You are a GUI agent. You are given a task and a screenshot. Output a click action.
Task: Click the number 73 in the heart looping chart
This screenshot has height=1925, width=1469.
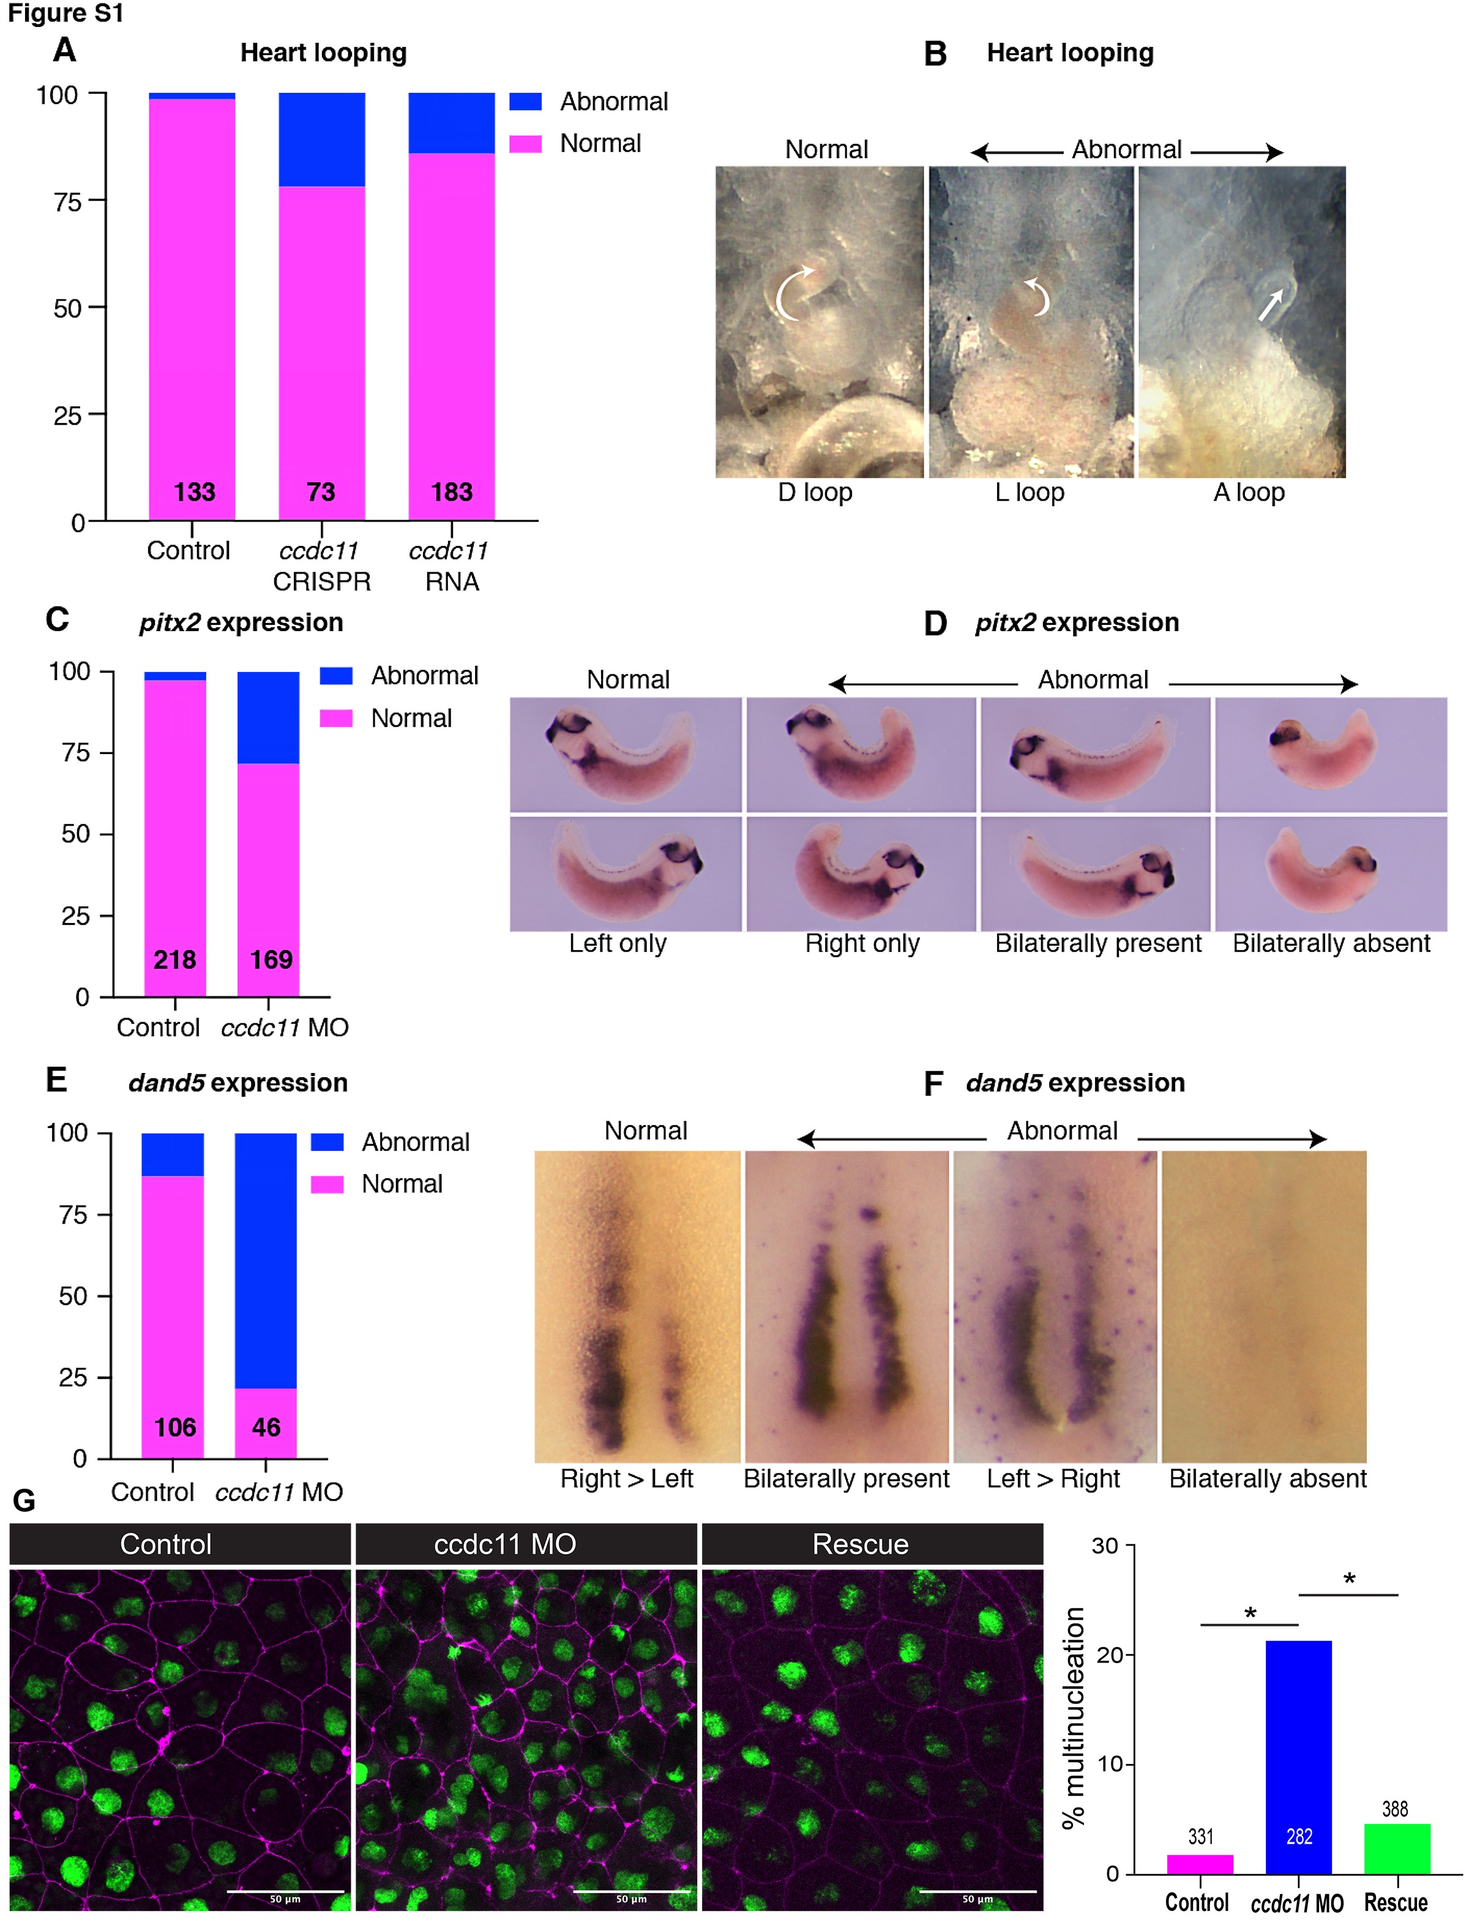[321, 492]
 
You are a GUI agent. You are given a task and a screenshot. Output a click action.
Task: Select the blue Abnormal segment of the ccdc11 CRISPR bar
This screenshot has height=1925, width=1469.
[322, 140]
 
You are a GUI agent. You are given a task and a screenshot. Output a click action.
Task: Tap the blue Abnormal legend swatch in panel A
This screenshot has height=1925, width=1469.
[526, 102]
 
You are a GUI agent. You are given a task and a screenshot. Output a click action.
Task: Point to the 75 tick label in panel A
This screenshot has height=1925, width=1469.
[67, 202]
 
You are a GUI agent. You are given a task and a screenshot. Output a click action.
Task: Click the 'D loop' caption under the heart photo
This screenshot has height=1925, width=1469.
[815, 492]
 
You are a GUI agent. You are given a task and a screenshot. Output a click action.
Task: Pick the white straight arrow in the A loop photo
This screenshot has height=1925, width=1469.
[1271, 305]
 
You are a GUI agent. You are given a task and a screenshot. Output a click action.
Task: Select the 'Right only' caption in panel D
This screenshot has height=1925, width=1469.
[862, 943]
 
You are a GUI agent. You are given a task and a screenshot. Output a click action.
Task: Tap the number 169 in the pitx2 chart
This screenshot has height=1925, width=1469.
[271, 960]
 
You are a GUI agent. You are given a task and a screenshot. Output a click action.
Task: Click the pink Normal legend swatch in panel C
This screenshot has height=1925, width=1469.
[336, 718]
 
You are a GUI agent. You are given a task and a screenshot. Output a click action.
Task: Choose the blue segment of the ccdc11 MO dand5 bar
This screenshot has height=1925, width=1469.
[266, 1260]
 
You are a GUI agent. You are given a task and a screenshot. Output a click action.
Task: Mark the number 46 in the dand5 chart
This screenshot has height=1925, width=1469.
[266, 1427]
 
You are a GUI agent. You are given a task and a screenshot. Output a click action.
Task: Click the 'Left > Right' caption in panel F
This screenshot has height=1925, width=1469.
[1053, 1478]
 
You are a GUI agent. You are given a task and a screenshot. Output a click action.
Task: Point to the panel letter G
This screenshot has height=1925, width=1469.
[24, 1501]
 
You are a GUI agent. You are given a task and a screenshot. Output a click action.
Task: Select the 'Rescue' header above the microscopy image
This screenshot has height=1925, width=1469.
[861, 1544]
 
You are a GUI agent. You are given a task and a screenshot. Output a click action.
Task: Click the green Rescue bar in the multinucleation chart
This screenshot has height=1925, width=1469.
[1396, 1849]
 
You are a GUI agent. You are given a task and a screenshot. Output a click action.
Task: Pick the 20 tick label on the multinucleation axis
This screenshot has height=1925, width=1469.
[1108, 1655]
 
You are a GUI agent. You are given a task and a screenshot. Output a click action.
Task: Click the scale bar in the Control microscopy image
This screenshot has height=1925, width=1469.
[285, 1891]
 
